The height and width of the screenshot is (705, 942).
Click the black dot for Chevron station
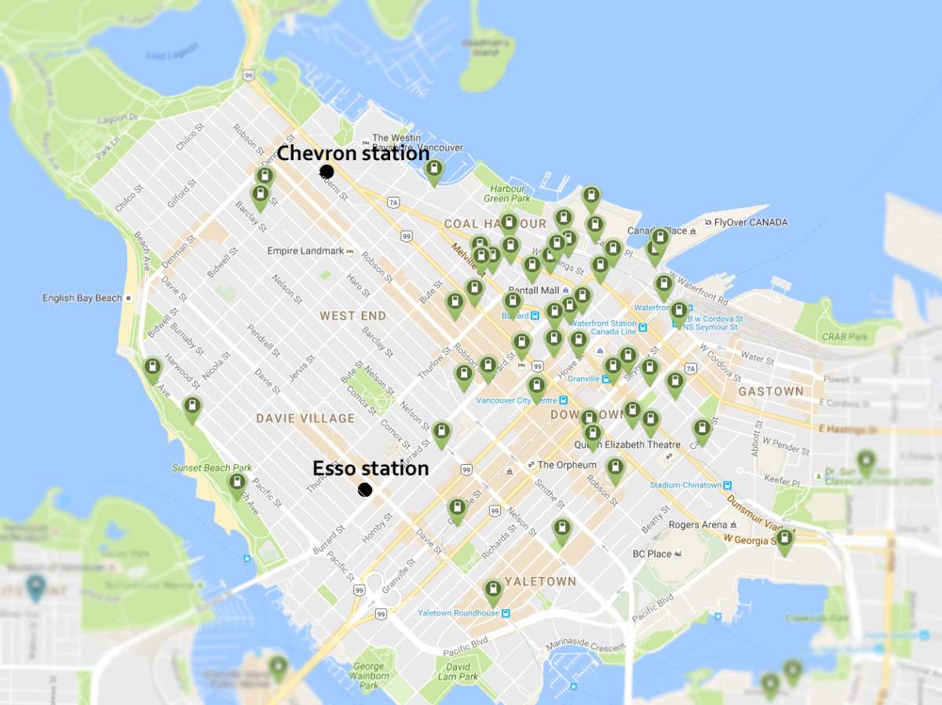[327, 171]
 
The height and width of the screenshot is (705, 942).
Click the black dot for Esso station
[364, 490]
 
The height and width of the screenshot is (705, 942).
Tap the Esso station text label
[371, 469]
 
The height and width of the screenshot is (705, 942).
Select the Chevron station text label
[353, 153]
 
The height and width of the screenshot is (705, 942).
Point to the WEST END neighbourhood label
[352, 316]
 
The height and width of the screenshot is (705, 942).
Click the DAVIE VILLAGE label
[305, 418]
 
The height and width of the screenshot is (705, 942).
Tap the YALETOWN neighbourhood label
[540, 582]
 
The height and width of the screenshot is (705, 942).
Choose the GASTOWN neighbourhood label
[770, 391]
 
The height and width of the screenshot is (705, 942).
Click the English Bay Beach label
[82, 298]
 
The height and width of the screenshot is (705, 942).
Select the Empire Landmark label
[305, 251]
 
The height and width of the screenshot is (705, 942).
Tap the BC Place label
[652, 553]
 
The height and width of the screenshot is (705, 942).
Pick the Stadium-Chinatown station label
[685, 485]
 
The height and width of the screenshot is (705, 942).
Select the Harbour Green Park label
[508, 194]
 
